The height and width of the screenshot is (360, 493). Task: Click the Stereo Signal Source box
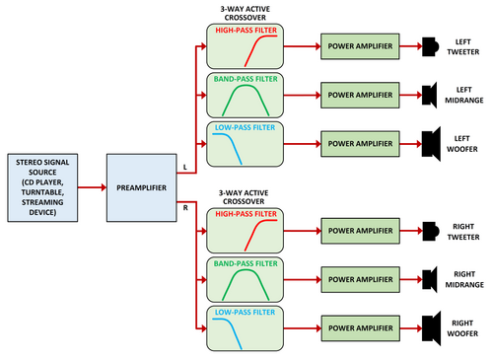tap(42, 187)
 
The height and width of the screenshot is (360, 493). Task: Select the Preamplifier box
tap(142, 187)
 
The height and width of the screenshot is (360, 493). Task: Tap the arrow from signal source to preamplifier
tap(93, 187)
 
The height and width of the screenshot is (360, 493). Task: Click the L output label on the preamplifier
tap(185, 167)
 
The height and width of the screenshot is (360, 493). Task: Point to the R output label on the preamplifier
tap(185, 208)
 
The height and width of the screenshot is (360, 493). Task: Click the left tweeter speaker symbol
tap(430, 46)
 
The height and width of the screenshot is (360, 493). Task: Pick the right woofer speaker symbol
tap(431, 328)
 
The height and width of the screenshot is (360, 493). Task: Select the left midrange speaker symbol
tap(430, 95)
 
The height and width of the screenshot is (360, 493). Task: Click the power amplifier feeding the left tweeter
tap(360, 46)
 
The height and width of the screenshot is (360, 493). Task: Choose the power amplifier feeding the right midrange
tap(361, 279)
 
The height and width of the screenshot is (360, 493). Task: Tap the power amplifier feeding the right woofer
tap(361, 328)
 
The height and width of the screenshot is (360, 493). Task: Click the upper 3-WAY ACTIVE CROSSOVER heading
tap(246, 13)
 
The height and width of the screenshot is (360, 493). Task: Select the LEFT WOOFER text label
tap(462, 144)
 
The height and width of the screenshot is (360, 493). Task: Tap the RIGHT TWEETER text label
tap(463, 232)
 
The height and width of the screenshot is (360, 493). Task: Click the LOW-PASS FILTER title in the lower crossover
tap(245, 312)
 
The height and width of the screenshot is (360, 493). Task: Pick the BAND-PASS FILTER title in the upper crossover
tap(246, 79)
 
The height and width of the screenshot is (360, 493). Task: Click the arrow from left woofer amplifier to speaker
tap(411, 144)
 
